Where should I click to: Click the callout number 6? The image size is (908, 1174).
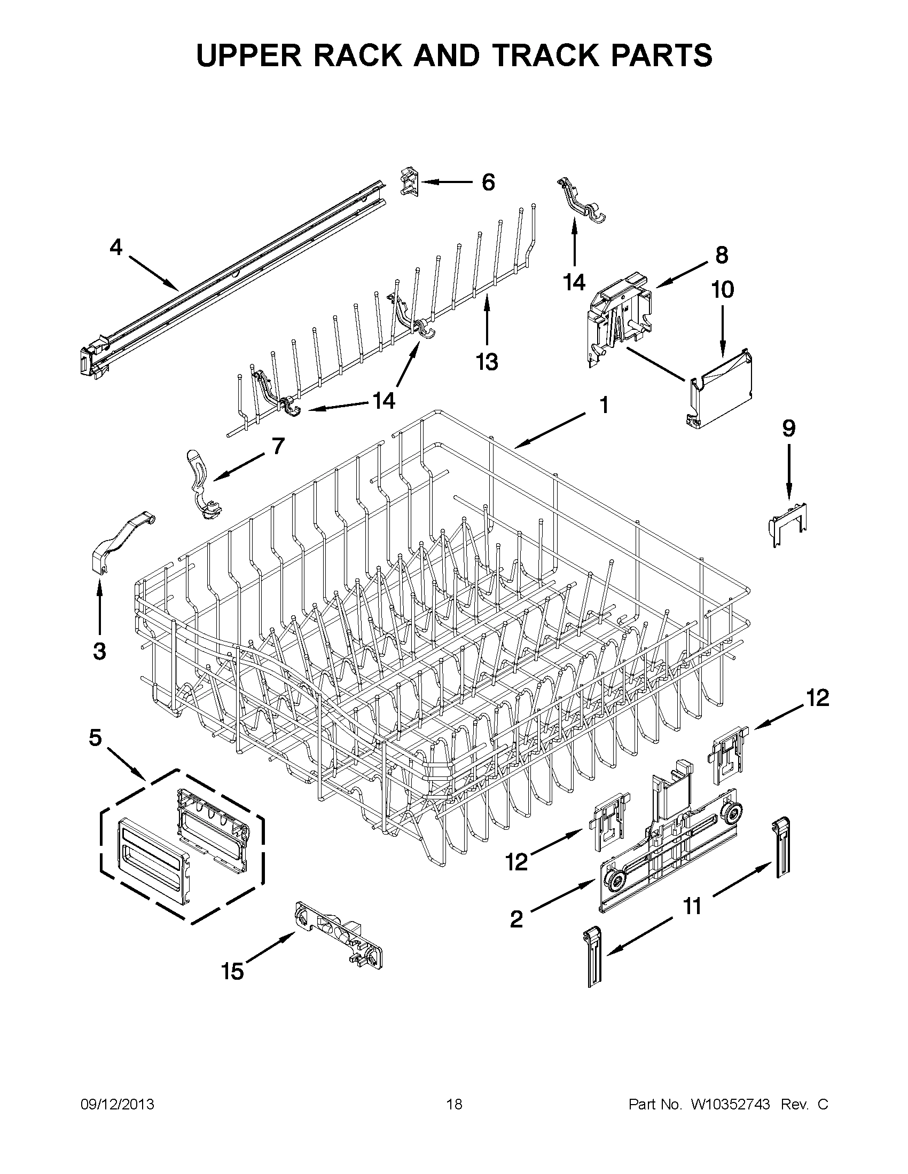pyautogui.click(x=487, y=183)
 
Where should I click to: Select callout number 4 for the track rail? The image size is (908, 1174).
pyautogui.click(x=116, y=248)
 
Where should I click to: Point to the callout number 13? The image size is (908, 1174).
pyautogui.click(x=487, y=362)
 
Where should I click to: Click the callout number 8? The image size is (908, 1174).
pyautogui.click(x=721, y=255)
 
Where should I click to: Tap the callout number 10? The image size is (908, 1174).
pyautogui.click(x=722, y=290)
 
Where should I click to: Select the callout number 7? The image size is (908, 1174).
pyautogui.click(x=278, y=446)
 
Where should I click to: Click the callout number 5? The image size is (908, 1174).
pyautogui.click(x=95, y=738)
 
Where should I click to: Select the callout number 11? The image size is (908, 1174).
pyautogui.click(x=692, y=906)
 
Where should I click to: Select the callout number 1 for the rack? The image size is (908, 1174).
pyautogui.click(x=604, y=406)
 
